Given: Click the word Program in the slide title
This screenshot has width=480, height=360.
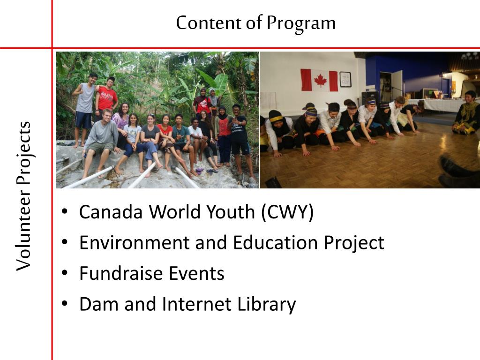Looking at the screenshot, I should point(301,23).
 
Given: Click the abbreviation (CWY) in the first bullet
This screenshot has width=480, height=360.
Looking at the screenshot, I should point(287,212).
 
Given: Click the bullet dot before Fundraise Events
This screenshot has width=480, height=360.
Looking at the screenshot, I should point(65,274).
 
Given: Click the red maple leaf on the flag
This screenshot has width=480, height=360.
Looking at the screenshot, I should point(320,80).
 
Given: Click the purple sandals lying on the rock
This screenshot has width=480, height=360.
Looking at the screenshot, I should point(212,171).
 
